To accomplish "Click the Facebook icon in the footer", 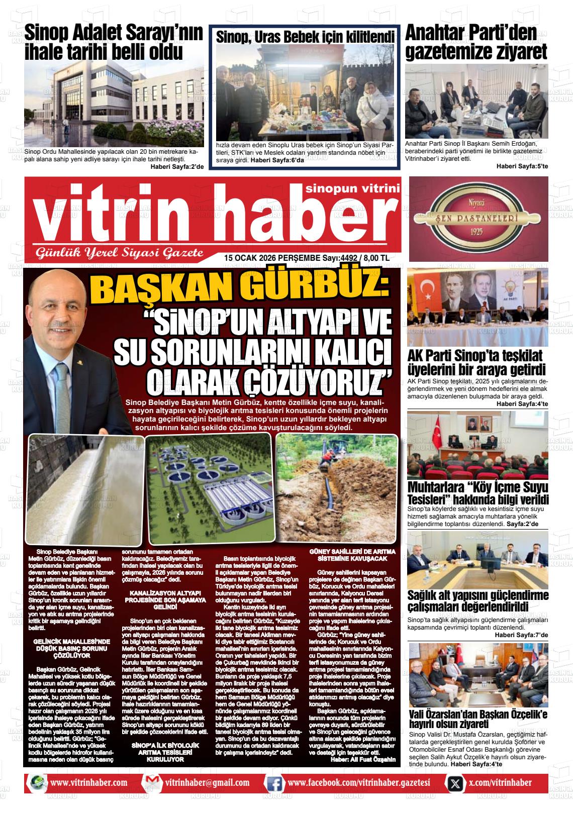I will pos(274,782).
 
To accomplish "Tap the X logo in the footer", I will pos(455,782).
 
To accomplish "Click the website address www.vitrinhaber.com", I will pos(88,782).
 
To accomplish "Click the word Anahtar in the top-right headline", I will pos(435,33).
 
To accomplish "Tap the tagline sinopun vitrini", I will pos(352,188).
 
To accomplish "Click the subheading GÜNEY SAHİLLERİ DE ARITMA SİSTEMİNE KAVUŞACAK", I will pos(355,555).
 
